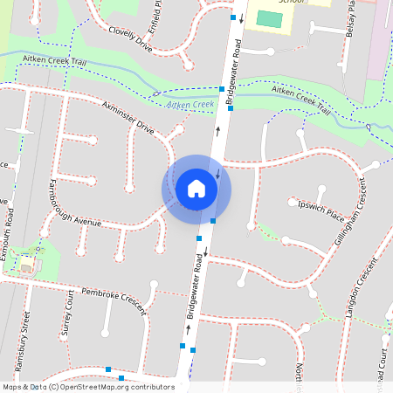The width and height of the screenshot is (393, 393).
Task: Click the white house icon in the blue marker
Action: pos(196,189)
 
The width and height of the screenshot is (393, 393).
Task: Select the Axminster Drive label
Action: pos(128,119)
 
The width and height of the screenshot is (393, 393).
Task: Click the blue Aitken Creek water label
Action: pos(190,105)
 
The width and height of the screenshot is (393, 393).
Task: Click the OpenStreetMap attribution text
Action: pos(88,387)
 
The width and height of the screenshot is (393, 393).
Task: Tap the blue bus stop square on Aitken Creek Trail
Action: pos(221,87)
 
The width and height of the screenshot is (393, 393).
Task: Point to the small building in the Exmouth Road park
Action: pos(26,265)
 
